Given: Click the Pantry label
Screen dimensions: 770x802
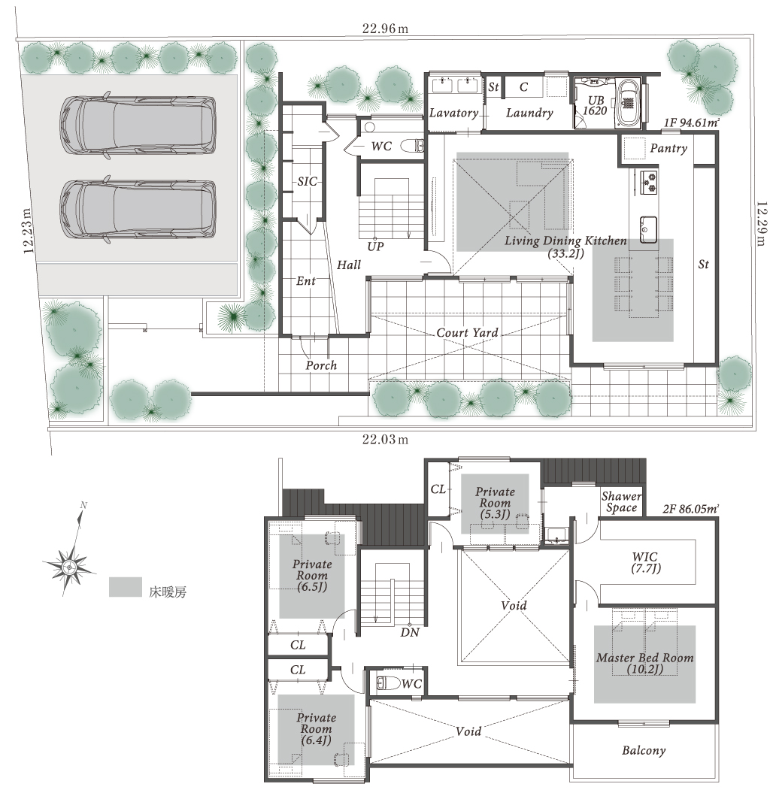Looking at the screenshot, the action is (x=668, y=148).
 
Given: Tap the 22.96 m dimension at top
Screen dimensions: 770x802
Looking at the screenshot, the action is (x=385, y=29).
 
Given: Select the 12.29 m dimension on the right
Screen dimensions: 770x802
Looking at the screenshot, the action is (x=762, y=223).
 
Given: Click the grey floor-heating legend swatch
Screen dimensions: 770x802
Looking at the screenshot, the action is (x=126, y=587).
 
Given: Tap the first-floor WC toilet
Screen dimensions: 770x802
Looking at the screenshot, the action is (x=412, y=146).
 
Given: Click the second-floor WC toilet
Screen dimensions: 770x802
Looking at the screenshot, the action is (x=387, y=682).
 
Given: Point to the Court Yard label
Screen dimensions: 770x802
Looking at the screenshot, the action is (x=467, y=333).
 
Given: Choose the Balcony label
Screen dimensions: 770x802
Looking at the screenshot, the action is (x=644, y=750).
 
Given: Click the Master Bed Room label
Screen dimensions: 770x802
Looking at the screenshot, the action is (x=644, y=664).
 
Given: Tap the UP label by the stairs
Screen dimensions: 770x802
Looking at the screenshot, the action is (x=375, y=246).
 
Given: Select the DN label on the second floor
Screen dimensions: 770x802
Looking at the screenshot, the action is (x=410, y=632).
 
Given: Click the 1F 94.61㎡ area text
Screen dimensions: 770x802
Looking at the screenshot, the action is (x=692, y=123).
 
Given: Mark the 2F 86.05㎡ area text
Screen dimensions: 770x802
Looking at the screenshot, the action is (x=691, y=508).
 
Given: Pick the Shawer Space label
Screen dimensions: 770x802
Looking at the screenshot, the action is (x=621, y=502).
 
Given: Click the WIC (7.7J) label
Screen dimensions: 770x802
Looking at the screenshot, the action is (x=646, y=562).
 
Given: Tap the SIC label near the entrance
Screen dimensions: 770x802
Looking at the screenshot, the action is (x=308, y=182).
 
